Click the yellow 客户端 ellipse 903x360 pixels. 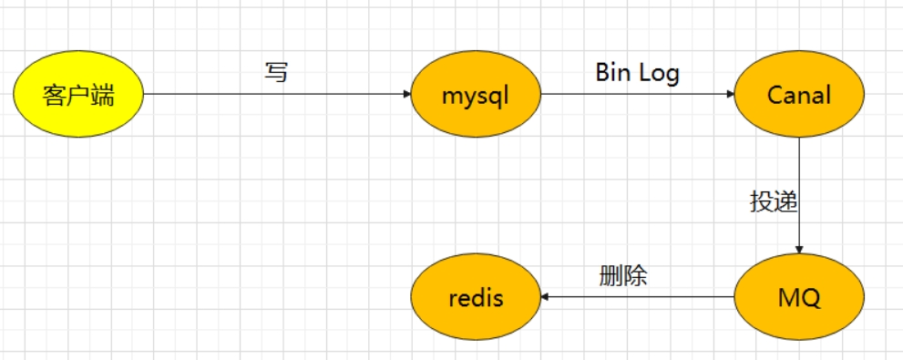pos(79,95)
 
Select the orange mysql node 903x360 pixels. pos(475,95)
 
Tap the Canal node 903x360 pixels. pos(798,95)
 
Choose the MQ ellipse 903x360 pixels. pos(798,297)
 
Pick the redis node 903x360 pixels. pos(475,297)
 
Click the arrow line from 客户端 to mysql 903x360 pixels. pos(273,95)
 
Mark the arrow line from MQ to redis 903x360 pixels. pos(638,297)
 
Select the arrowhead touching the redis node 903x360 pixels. pos(546,297)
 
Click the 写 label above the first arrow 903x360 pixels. pos(276,72)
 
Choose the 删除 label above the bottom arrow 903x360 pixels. pos(623,275)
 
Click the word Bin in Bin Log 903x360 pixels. pos(613,72)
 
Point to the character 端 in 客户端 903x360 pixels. pos(103,95)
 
